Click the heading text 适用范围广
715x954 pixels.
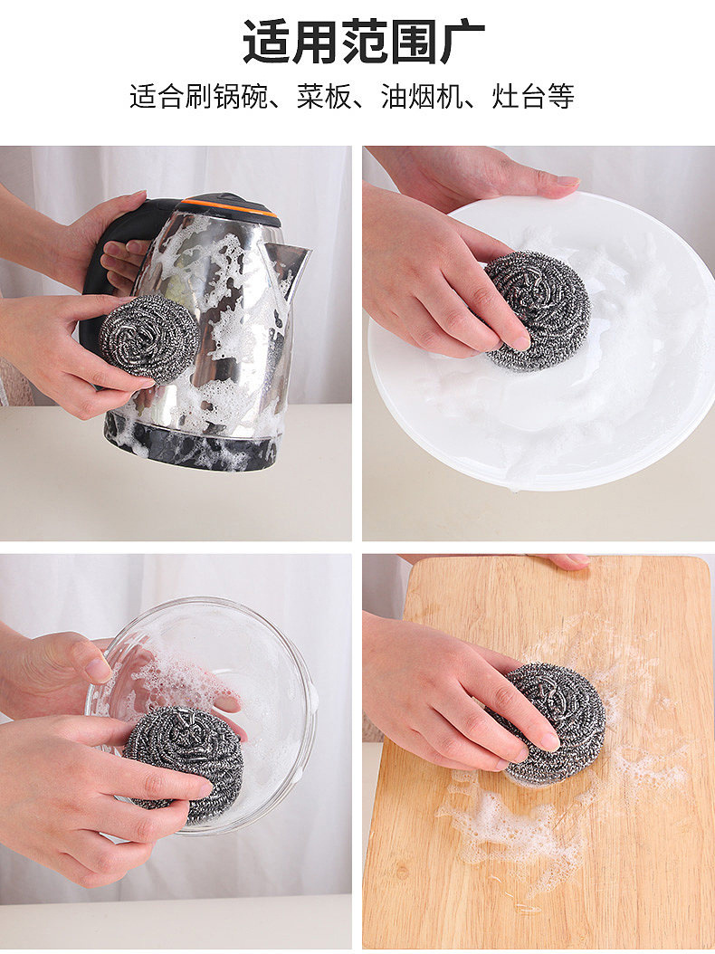[364, 42]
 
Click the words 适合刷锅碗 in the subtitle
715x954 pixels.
[198, 96]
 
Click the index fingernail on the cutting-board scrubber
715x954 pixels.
[549, 741]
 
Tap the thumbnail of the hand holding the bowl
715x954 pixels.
[98, 669]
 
